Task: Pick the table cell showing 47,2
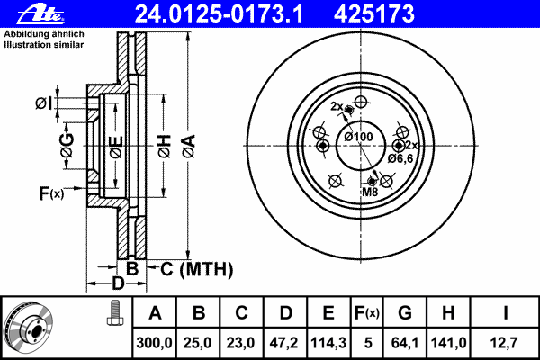(x=285, y=343)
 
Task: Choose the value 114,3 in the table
(x=328, y=343)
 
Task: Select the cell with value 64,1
(x=405, y=343)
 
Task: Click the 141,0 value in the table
(x=448, y=343)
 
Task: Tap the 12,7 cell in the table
(x=505, y=343)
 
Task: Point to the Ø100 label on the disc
(x=358, y=137)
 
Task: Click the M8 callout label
(x=370, y=192)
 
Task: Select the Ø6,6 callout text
(x=400, y=158)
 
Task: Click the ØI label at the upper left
(x=43, y=106)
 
